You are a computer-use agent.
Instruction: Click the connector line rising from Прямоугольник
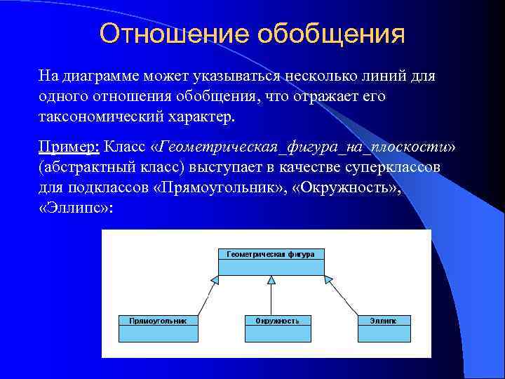[205, 300]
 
